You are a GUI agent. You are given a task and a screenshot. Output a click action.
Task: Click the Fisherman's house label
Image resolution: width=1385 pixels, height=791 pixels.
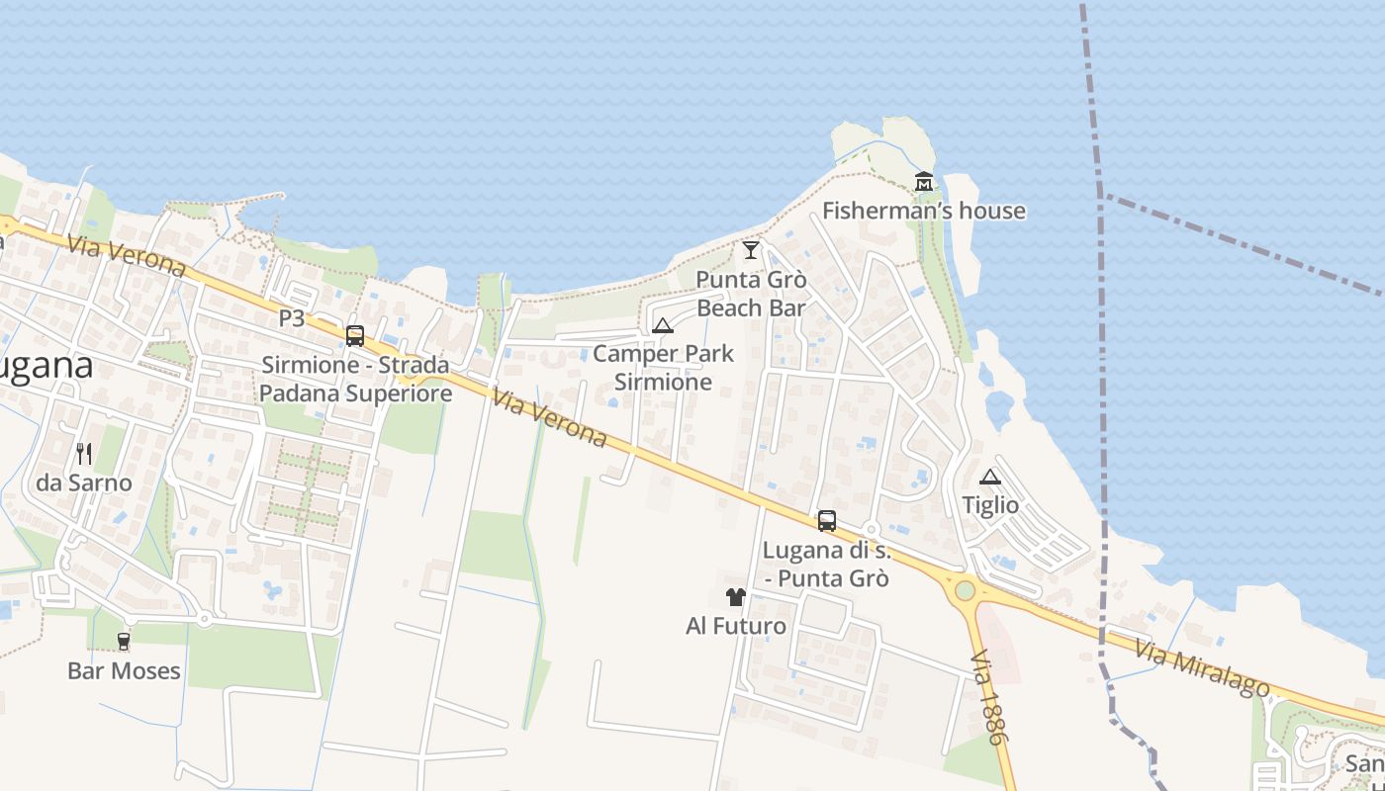[x=923, y=211]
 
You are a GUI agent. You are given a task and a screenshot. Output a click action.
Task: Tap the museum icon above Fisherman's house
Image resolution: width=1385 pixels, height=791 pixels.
[x=923, y=182]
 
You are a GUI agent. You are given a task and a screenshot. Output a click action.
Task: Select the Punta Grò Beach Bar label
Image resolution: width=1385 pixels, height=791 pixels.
[x=751, y=294]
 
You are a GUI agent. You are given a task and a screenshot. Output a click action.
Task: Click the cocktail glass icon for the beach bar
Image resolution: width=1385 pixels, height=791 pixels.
[x=751, y=250]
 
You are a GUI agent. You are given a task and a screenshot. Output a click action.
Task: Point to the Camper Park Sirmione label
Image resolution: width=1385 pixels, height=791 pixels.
[x=663, y=367]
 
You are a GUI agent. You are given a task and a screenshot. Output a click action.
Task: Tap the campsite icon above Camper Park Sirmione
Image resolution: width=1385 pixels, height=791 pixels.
[x=663, y=325]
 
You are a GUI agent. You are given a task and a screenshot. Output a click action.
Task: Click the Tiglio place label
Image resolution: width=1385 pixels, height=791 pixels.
[x=990, y=505]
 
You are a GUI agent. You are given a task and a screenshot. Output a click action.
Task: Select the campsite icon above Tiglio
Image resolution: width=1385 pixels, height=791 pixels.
[x=990, y=477]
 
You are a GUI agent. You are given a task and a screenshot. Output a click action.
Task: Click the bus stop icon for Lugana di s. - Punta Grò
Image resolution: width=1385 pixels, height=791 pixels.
[x=827, y=521]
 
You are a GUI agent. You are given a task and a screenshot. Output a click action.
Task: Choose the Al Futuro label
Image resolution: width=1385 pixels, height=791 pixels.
[x=736, y=626]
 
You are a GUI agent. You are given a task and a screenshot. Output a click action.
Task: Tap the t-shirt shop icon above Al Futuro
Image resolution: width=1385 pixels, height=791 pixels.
[x=736, y=597]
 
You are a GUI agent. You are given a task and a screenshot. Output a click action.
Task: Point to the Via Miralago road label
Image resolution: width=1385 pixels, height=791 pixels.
[x=1201, y=668]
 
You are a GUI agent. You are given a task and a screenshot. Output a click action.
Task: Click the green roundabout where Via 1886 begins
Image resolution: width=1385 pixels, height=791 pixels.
[x=965, y=591]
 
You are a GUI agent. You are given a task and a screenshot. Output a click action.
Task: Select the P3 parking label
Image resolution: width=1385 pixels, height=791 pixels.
[x=291, y=318]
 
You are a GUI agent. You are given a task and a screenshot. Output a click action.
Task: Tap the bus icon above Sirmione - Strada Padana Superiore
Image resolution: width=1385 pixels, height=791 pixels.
[x=355, y=336]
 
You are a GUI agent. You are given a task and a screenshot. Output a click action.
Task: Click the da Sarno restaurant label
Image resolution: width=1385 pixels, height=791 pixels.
[x=84, y=483]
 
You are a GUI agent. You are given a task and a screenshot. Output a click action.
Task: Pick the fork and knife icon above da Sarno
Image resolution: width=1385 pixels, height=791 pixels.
[x=84, y=454]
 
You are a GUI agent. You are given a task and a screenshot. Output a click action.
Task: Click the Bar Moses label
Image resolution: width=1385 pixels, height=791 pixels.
[x=124, y=670]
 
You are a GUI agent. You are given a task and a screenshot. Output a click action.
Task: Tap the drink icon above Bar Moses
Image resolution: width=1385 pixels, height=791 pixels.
[x=124, y=642]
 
